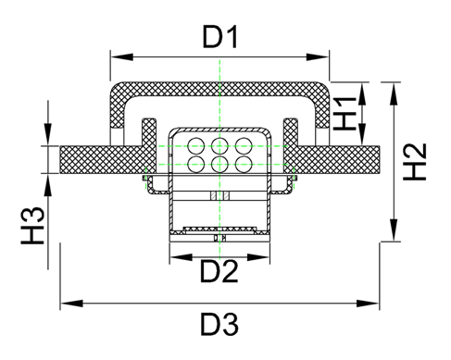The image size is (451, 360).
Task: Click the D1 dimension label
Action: coord(219,37)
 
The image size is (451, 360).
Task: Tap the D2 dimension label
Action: coord(219,271)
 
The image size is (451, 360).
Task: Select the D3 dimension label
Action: coord(219,325)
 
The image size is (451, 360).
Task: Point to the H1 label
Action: coord(345,113)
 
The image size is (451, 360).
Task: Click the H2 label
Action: coord(415,162)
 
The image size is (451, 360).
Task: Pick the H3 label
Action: coord(32,226)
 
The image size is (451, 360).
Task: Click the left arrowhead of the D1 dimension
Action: coord(121,57)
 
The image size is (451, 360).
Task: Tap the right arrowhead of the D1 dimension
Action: coord(318,57)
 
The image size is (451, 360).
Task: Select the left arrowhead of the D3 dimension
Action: coord(71,304)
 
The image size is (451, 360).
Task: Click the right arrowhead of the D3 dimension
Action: coord(368,304)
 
